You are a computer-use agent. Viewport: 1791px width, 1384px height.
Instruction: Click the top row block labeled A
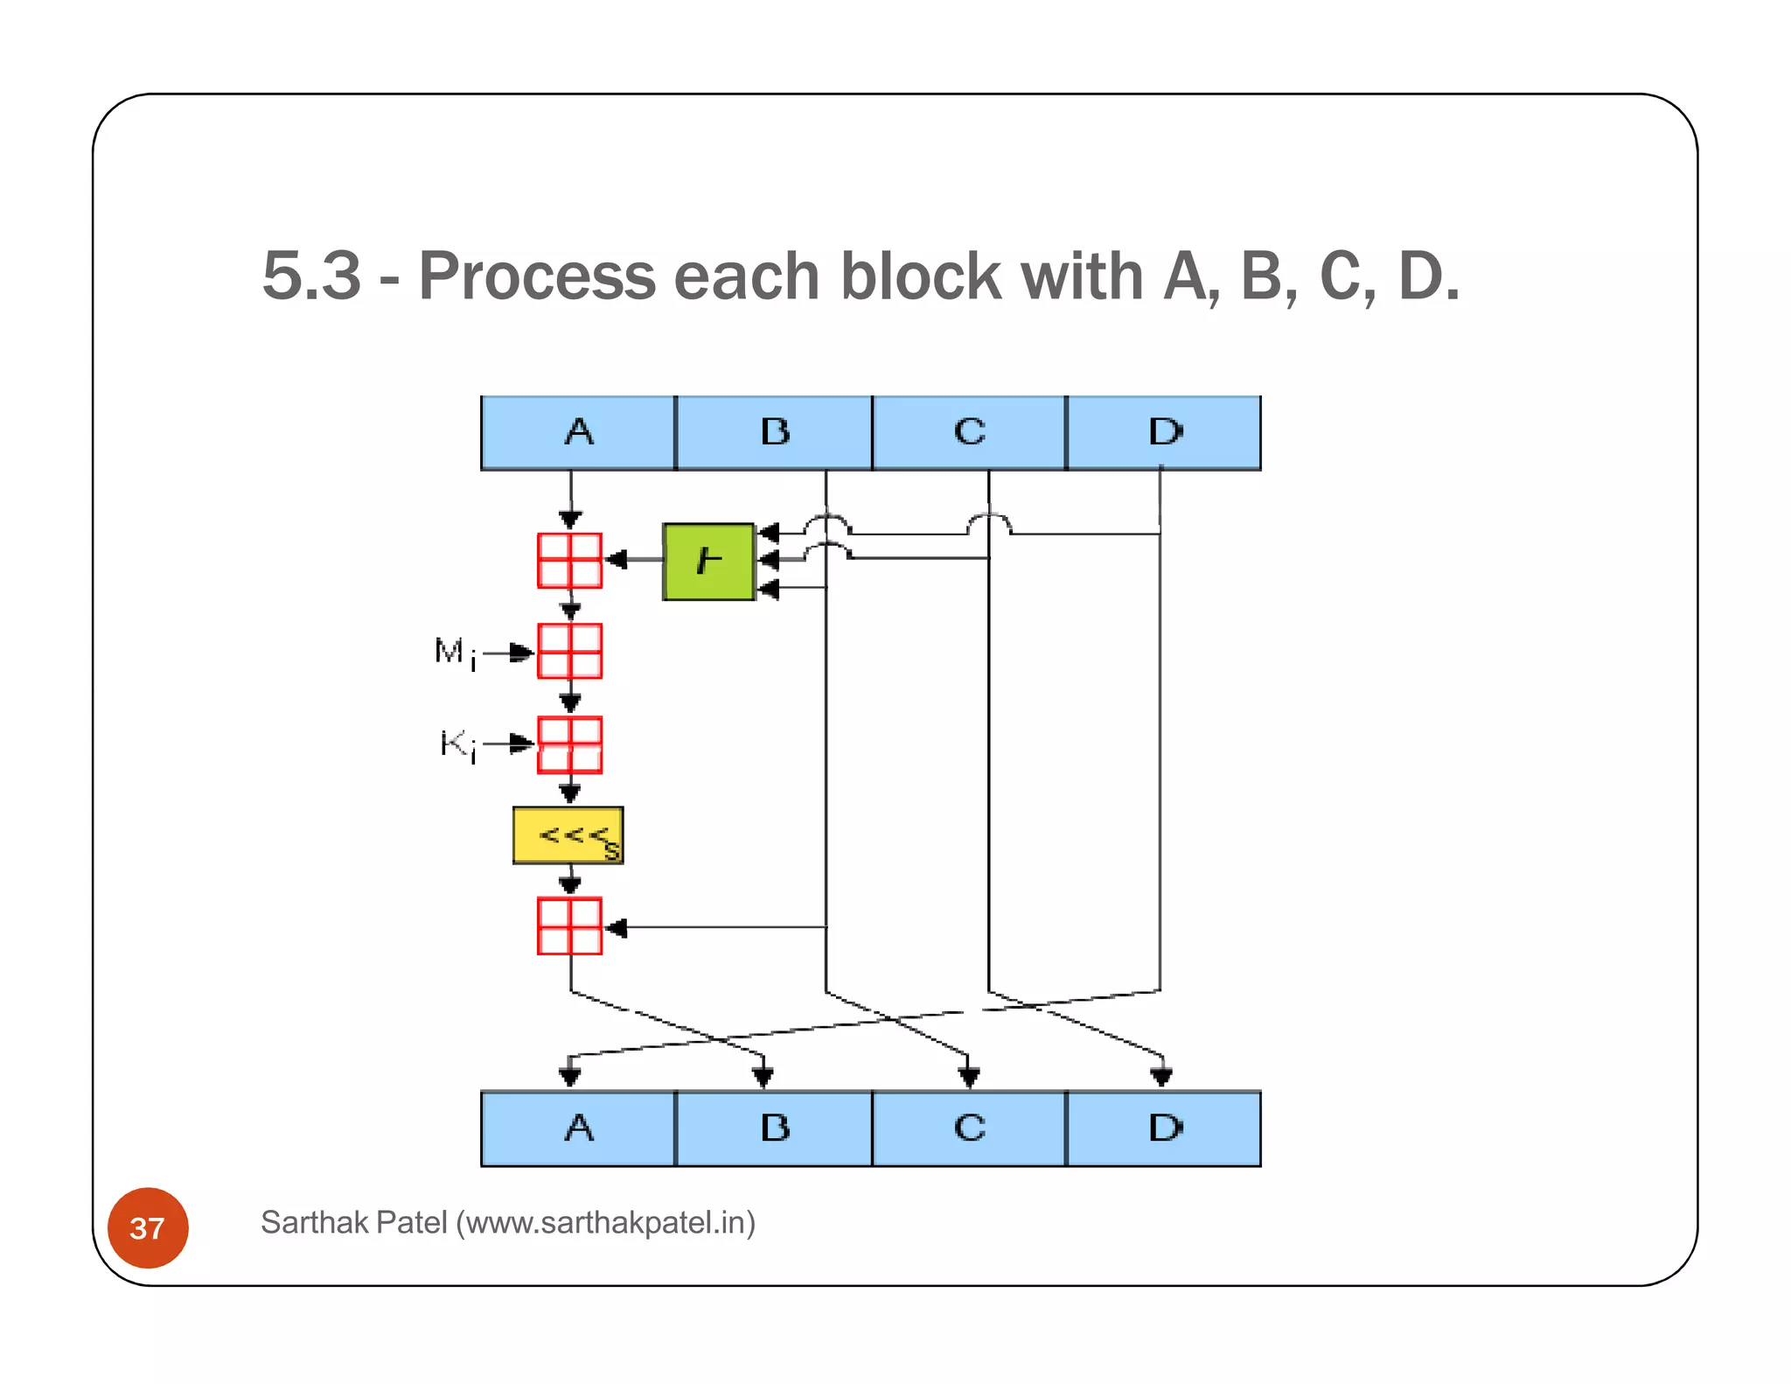coord(578,433)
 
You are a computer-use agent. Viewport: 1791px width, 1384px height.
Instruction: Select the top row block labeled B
coord(774,433)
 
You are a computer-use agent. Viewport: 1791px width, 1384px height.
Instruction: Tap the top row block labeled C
coord(969,433)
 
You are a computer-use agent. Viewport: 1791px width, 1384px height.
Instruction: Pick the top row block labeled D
coord(1164,433)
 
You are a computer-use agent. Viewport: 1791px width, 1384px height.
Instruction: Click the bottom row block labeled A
coord(578,1129)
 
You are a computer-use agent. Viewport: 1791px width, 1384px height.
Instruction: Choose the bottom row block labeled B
coord(774,1129)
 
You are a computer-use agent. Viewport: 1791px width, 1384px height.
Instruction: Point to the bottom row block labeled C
coord(969,1129)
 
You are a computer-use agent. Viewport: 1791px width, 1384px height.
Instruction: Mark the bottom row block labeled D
coord(1164,1129)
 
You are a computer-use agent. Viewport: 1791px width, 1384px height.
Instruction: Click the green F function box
coord(708,562)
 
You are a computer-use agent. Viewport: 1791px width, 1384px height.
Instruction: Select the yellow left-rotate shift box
coord(568,835)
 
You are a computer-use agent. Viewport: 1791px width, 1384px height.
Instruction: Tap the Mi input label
coord(456,653)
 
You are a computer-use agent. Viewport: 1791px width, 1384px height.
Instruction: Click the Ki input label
coord(458,744)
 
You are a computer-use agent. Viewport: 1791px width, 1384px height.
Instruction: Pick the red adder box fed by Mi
coord(569,652)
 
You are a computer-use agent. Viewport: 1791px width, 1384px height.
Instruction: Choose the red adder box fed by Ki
coord(569,744)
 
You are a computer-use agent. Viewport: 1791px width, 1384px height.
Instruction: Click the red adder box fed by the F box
coord(569,561)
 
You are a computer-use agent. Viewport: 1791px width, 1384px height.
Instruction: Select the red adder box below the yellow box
coord(569,926)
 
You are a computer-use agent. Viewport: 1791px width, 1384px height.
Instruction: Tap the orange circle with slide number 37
coord(148,1227)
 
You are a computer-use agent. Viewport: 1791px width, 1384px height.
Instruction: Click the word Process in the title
coord(537,276)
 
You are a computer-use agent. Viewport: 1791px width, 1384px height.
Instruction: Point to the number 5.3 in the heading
coord(311,276)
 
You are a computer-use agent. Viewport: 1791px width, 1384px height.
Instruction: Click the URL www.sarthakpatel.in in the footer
coord(605,1222)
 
